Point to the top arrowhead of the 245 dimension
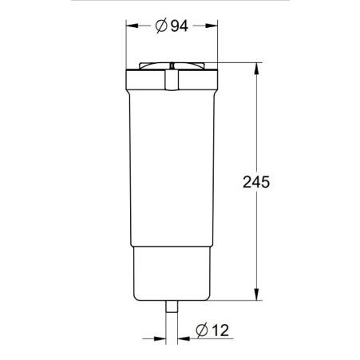pyautogui.click(x=256, y=67)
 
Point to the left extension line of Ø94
pyautogui.click(x=126, y=48)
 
